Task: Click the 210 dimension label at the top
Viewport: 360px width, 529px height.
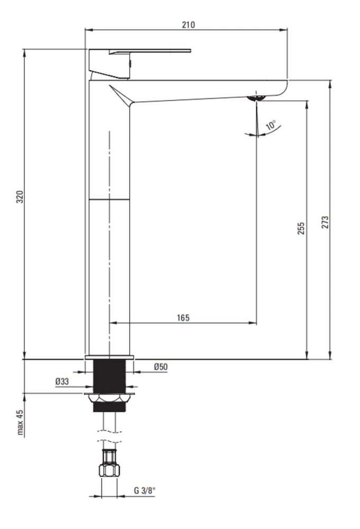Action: (x=188, y=25)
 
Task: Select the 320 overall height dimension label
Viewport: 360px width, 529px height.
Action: (x=20, y=197)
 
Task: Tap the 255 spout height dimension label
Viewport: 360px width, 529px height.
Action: (x=301, y=229)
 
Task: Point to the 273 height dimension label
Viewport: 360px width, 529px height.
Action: (x=325, y=222)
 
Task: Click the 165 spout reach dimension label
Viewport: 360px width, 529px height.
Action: (x=183, y=318)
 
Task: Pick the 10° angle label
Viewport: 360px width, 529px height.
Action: (x=271, y=125)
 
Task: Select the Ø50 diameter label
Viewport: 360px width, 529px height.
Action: (x=161, y=367)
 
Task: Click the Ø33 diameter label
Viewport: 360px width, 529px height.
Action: (x=62, y=381)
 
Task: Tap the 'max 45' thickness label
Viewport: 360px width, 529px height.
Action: (x=20, y=422)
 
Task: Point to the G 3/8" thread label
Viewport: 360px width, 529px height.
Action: (x=145, y=490)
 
